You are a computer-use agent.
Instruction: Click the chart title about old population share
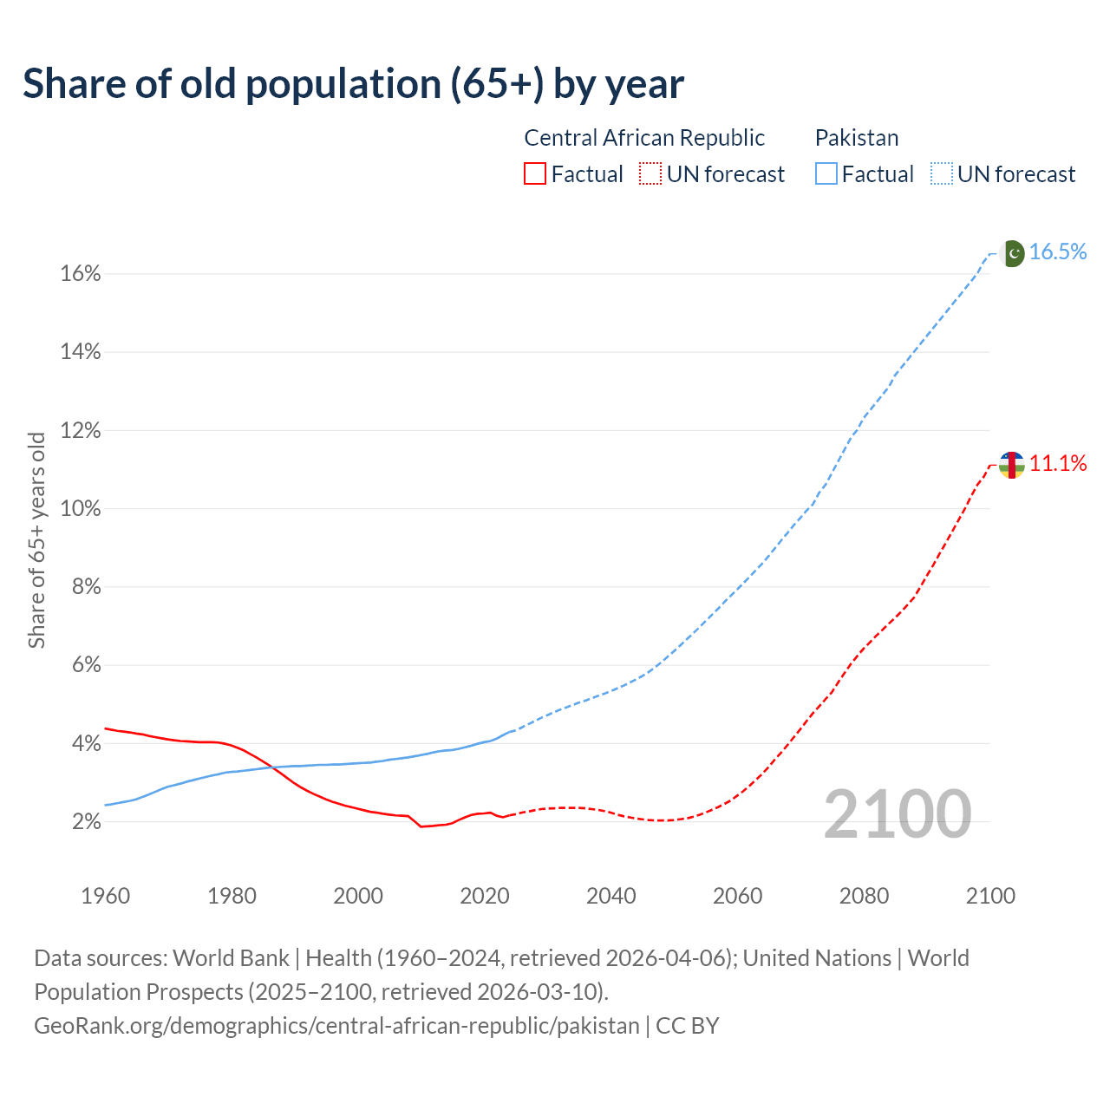pos(353,84)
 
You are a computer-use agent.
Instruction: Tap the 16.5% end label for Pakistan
pos(1058,251)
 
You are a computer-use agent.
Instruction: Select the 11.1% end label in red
pos(1058,464)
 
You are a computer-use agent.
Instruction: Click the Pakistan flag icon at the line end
pos(1012,253)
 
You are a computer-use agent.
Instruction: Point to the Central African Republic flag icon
pos(1012,465)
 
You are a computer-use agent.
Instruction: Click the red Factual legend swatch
pos(535,174)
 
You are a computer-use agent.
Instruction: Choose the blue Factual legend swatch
pos(826,174)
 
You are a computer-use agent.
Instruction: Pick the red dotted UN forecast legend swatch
pos(650,174)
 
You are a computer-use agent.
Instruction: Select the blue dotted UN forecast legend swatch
pos(941,174)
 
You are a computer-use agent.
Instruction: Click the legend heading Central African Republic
pos(644,138)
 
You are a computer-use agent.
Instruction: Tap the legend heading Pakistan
pos(857,138)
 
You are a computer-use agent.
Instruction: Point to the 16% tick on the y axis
pos(81,274)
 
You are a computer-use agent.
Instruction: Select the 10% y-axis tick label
pos(81,509)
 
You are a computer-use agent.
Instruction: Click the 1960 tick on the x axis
pos(106,896)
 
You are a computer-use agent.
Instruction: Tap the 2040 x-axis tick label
pos(611,896)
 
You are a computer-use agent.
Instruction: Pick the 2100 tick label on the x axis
pos(990,896)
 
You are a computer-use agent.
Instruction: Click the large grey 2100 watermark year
pos(898,814)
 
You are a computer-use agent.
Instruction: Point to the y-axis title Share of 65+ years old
pos(36,539)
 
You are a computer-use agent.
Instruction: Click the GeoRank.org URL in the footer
pos(336,1026)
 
